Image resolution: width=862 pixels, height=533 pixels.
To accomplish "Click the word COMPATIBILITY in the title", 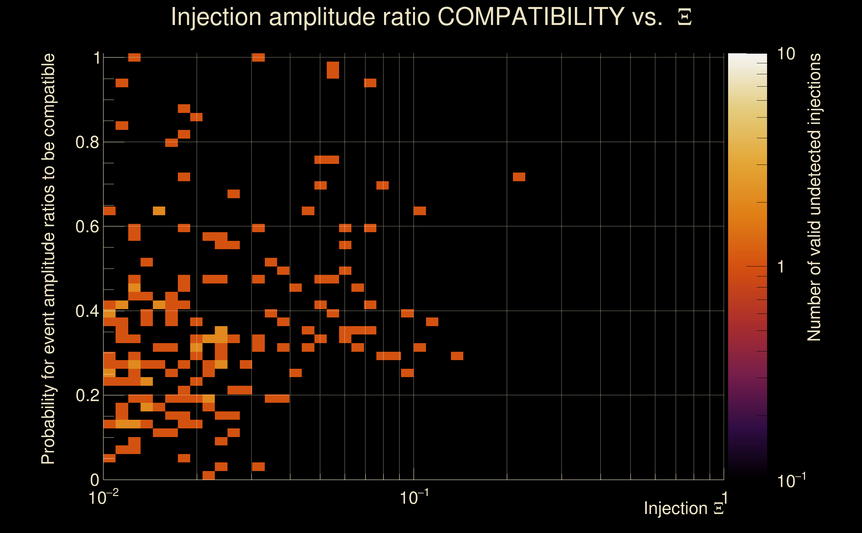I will click(531, 17).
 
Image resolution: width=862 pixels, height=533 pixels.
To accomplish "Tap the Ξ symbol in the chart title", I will click(684, 17).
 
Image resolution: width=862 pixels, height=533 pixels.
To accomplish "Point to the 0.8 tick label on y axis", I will click(87, 143).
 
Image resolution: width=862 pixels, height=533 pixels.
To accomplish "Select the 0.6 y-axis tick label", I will click(87, 227).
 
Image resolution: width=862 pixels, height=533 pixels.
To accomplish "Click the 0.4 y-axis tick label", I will click(87, 311).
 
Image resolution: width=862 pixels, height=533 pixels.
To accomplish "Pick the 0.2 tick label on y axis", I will click(87, 395).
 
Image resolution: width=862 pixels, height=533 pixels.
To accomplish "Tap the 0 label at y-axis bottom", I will click(95, 480).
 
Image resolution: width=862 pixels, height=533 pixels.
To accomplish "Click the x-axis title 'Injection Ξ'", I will click(684, 508).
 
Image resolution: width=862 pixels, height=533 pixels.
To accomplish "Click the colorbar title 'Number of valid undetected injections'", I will click(814, 198).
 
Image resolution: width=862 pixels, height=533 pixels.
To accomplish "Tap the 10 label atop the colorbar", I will click(786, 54).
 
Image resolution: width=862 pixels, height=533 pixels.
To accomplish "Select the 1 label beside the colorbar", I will click(781, 267).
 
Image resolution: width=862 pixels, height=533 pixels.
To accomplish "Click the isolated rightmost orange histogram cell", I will click(519, 177).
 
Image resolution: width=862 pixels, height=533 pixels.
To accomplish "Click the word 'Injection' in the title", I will click(216, 17).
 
